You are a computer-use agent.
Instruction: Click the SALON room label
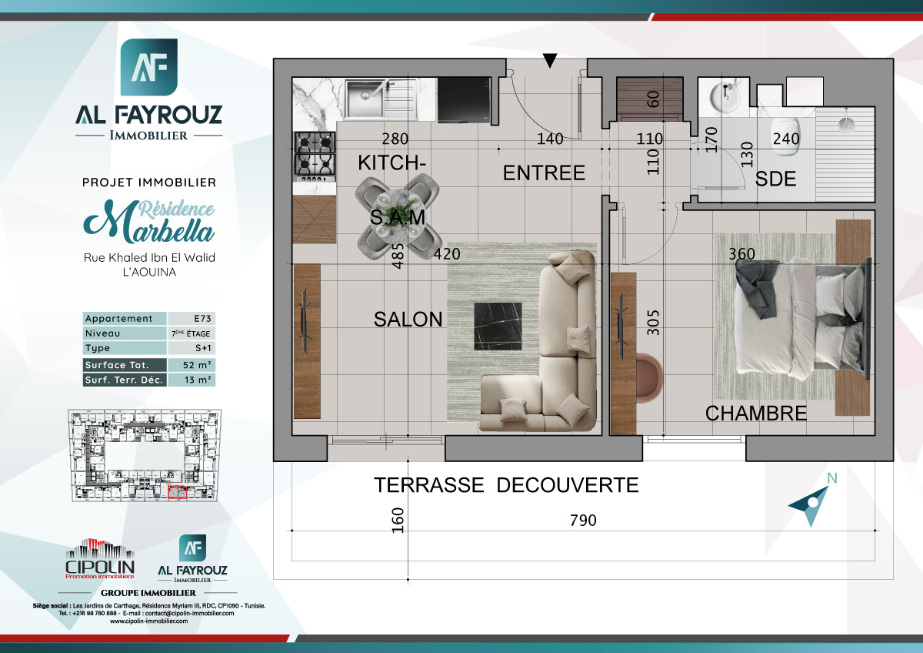click(x=408, y=319)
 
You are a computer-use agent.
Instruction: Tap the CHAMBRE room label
click(x=756, y=414)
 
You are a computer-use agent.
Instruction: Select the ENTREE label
click(x=544, y=173)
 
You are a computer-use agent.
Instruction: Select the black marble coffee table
click(x=498, y=326)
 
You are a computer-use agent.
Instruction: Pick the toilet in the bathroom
click(x=788, y=128)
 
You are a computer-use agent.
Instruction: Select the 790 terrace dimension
click(x=583, y=521)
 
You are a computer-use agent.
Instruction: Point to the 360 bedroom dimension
click(x=741, y=254)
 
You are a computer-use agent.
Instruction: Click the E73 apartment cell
click(x=191, y=319)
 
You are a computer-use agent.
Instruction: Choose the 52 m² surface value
click(x=191, y=365)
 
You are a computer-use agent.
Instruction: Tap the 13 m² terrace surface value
click(x=191, y=380)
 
